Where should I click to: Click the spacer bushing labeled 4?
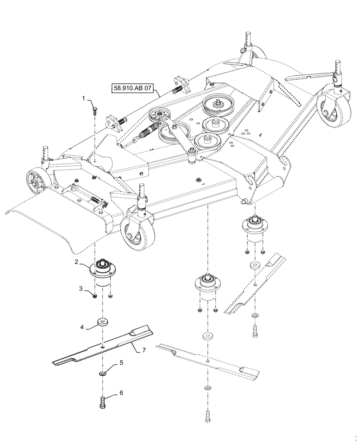[x=102, y=321]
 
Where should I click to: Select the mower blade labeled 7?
[x=102, y=348]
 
